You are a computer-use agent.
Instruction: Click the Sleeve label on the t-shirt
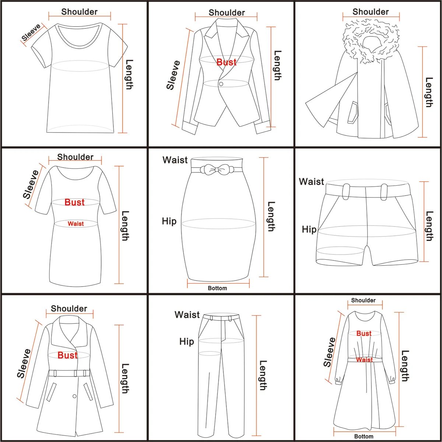pyautogui.click(x=31, y=33)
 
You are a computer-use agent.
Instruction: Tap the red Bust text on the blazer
pyautogui.click(x=226, y=62)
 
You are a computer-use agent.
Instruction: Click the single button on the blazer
pyautogui.click(x=221, y=84)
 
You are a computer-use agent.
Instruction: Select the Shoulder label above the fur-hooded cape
pyautogui.click(x=371, y=12)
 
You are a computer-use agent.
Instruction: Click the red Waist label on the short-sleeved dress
pyautogui.click(x=76, y=224)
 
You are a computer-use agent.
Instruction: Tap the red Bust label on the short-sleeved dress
pyautogui.click(x=74, y=202)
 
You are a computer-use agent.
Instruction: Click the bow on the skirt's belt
pyautogui.click(x=217, y=170)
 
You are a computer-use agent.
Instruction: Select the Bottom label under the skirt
pyautogui.click(x=217, y=288)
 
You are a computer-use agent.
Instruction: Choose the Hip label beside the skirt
pyautogui.click(x=169, y=221)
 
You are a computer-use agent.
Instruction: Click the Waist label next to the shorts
pyautogui.click(x=311, y=182)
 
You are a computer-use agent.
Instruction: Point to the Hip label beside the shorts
pyautogui.click(x=309, y=229)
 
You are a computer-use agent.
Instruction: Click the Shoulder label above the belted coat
pyautogui.click(x=69, y=309)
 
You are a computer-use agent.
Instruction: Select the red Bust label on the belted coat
pyautogui.click(x=67, y=355)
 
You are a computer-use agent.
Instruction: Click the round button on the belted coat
pyautogui.click(x=75, y=396)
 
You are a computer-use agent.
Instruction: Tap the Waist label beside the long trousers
pyautogui.click(x=187, y=315)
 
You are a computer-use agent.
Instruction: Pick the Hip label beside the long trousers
pyautogui.click(x=187, y=342)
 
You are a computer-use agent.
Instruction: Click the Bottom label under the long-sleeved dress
pyautogui.click(x=364, y=436)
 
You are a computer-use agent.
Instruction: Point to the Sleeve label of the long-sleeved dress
pyautogui.click(x=329, y=352)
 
